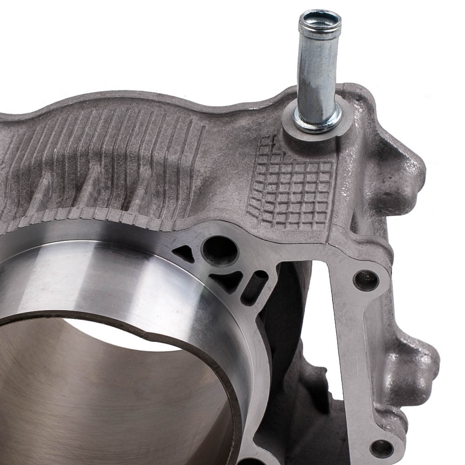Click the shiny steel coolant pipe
pyautogui.click(x=317, y=74)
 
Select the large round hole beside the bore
pyautogui.click(x=220, y=251)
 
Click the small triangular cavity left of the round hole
pyautogui.click(x=185, y=253)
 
